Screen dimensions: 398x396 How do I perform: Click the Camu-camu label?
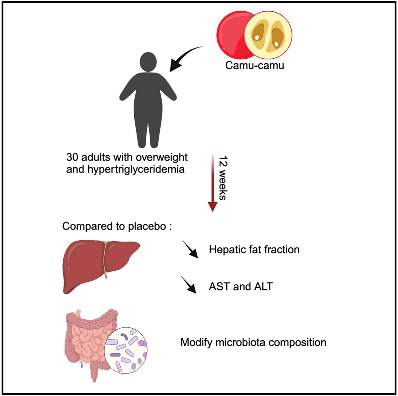click(x=255, y=65)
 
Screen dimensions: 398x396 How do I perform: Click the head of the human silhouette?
click(x=148, y=62)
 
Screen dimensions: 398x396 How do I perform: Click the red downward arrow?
click(x=212, y=182)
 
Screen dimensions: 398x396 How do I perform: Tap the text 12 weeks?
click(x=223, y=178)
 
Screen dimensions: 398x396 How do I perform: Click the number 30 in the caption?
click(x=72, y=157)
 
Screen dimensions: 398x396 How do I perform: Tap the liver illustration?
click(x=101, y=267)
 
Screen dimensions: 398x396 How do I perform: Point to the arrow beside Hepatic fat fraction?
click(x=190, y=249)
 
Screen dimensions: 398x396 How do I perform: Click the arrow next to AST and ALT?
click(x=188, y=285)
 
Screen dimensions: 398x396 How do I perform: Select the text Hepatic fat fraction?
click(x=254, y=249)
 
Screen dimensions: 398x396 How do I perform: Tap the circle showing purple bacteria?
click(x=126, y=350)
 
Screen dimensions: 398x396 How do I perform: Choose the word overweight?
click(x=162, y=157)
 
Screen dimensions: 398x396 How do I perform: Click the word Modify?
click(x=196, y=342)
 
